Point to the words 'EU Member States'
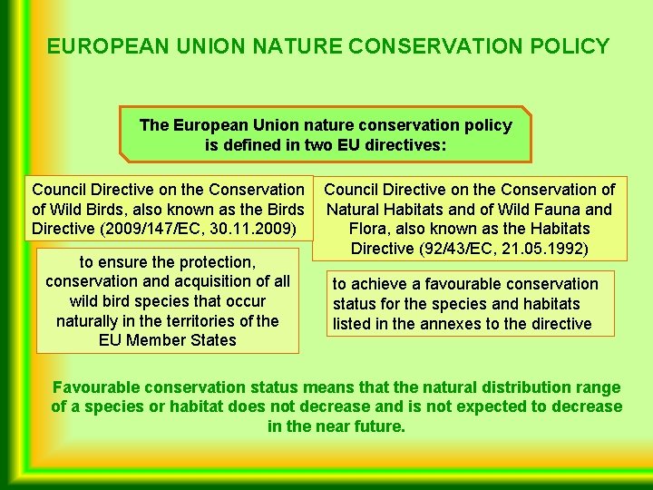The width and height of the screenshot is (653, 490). [167, 341]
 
